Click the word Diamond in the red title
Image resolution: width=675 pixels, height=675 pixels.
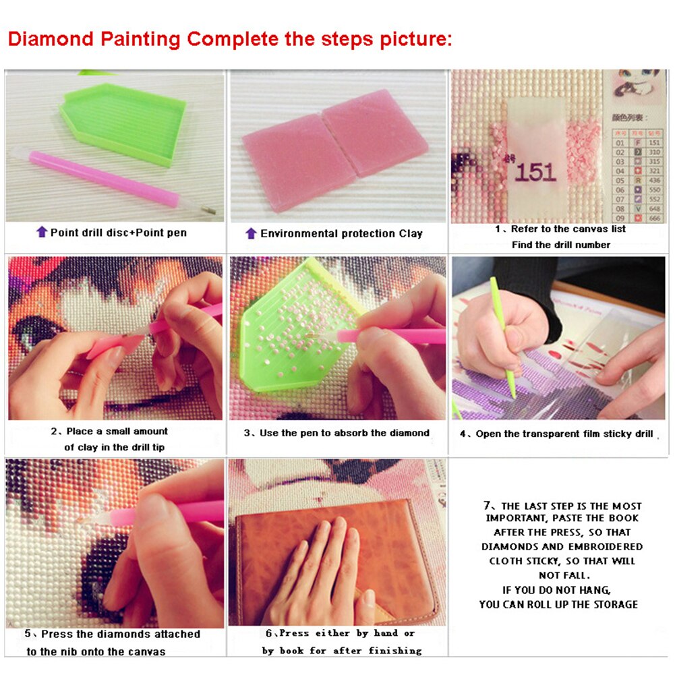click(51, 38)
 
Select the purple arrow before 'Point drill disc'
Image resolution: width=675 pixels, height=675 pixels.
click(42, 233)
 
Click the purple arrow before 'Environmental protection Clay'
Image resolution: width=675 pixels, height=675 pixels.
click(251, 233)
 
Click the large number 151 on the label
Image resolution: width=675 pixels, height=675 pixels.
click(537, 172)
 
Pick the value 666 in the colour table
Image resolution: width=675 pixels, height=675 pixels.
click(654, 218)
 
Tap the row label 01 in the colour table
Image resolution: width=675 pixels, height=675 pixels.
click(619, 142)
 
